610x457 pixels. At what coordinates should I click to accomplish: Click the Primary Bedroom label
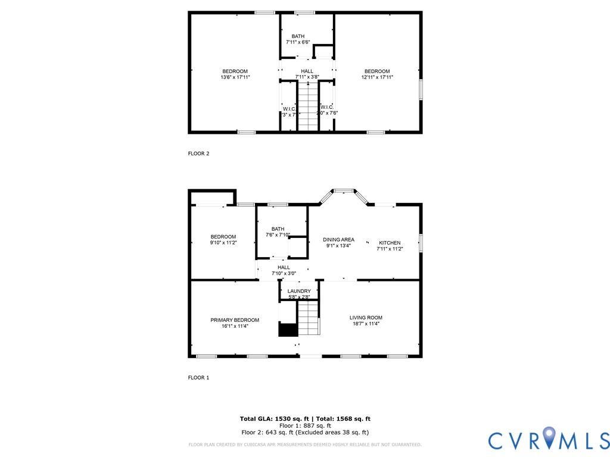[235, 320]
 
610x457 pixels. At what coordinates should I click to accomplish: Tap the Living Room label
[366, 318]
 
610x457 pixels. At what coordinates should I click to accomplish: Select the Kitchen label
[390, 243]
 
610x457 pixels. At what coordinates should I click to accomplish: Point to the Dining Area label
[340, 240]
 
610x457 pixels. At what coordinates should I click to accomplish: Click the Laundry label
[300, 291]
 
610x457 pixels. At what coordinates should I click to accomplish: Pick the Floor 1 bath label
[278, 229]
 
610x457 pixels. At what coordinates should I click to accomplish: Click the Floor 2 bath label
[298, 36]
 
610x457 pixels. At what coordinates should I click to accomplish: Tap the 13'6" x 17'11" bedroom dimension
[235, 77]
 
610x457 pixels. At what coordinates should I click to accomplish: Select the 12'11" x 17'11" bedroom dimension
[378, 77]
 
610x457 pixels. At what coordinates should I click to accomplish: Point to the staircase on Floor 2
[308, 107]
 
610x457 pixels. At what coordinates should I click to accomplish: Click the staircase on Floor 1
[309, 318]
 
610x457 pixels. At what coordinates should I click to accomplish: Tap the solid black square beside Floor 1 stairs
[288, 330]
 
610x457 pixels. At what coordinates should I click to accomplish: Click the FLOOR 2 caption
[199, 154]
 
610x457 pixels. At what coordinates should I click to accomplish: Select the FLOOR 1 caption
[199, 378]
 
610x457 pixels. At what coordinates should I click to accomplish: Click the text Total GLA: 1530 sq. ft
[272, 419]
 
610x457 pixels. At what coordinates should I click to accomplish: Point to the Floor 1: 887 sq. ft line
[305, 426]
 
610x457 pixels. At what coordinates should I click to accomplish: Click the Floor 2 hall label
[307, 71]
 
